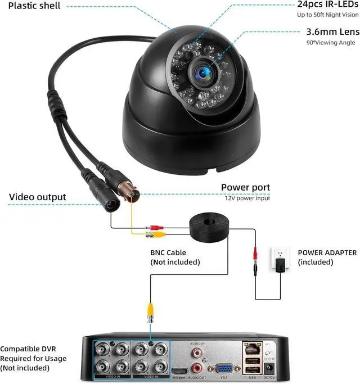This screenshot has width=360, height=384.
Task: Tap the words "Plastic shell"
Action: point(35,7)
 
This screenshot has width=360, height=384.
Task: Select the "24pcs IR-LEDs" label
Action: point(328,4)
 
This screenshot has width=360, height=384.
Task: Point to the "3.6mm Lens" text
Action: point(332,32)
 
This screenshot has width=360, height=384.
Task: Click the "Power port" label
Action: point(245,187)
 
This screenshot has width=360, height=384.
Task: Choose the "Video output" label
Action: point(37,197)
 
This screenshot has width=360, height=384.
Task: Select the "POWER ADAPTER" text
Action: point(327,253)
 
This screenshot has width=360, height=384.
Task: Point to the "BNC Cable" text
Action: point(168,253)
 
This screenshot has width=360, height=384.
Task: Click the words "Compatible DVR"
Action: point(28,349)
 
